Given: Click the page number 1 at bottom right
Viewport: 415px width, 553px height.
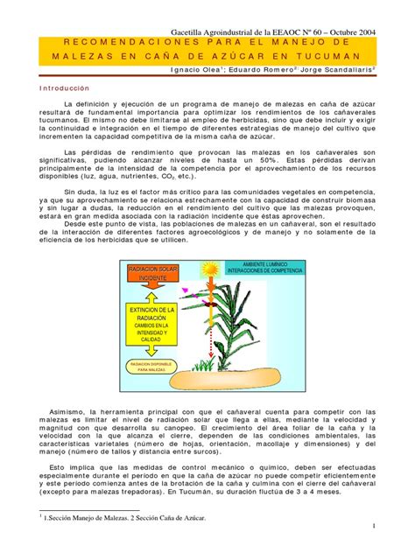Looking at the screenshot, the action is point(372,525).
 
